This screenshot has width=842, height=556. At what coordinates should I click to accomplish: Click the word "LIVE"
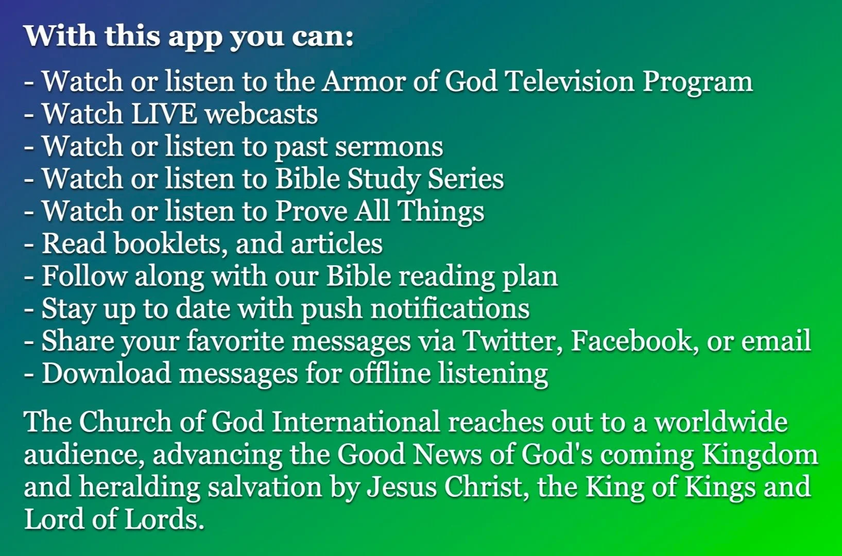point(164,114)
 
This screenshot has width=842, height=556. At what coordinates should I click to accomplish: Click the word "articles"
point(337,244)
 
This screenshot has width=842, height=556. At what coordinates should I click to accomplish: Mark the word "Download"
point(106,373)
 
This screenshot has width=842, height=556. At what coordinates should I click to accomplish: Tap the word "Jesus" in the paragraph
point(402,487)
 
